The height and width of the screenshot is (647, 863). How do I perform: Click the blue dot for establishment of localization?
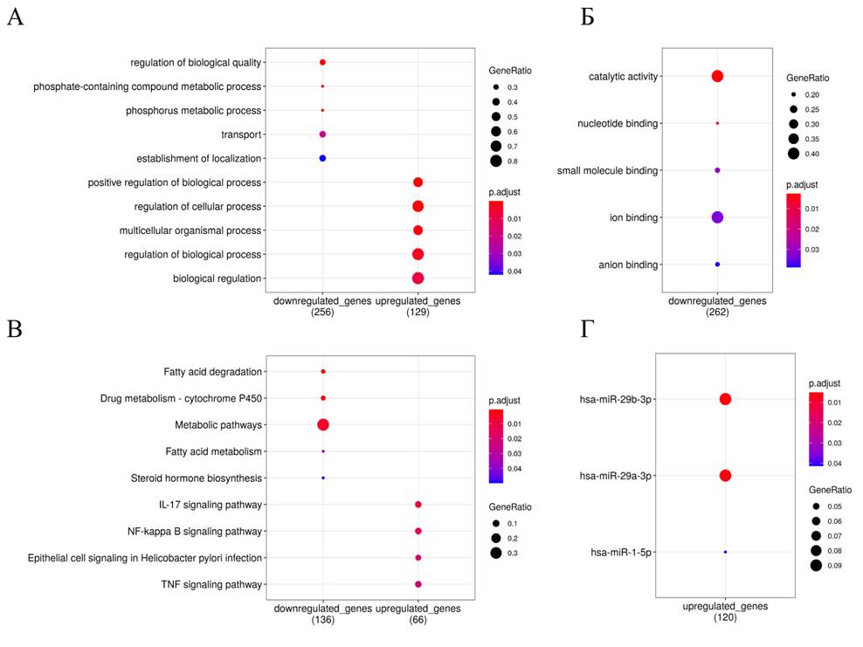pyautogui.click(x=322, y=158)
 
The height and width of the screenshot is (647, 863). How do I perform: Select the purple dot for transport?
pyautogui.click(x=322, y=134)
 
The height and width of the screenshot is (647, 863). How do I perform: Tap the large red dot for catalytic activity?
pyautogui.click(x=717, y=76)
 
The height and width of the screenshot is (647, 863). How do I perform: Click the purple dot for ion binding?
pyautogui.click(x=717, y=217)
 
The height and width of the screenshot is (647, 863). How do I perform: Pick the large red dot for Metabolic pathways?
pyautogui.click(x=323, y=424)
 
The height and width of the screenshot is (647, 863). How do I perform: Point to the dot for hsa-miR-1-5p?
pyautogui.click(x=725, y=552)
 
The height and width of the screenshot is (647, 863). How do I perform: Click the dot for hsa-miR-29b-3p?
pyautogui.click(x=725, y=399)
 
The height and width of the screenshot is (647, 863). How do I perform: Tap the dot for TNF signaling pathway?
pyautogui.click(x=418, y=584)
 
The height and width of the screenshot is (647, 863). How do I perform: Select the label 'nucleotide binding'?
pyautogui.click(x=617, y=123)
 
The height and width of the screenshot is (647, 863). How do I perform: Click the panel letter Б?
pyautogui.click(x=588, y=17)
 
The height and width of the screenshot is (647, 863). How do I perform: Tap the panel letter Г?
pyautogui.click(x=587, y=329)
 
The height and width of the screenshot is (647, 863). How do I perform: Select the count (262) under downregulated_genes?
pyautogui.click(x=717, y=312)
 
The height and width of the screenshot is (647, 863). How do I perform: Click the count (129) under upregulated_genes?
pyautogui.click(x=418, y=312)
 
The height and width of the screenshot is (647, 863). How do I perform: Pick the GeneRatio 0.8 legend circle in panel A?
pyautogui.click(x=495, y=161)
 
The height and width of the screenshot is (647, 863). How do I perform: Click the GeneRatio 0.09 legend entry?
pyautogui.click(x=816, y=566)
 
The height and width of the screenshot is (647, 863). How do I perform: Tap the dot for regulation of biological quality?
pyautogui.click(x=322, y=63)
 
